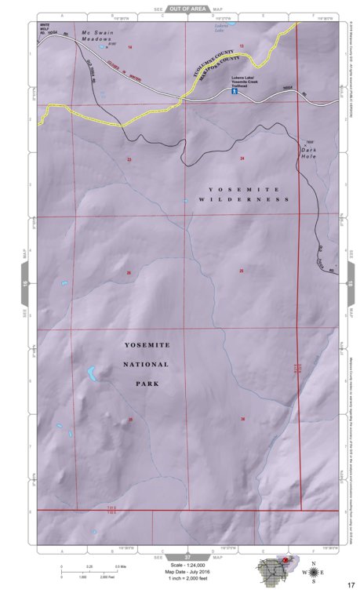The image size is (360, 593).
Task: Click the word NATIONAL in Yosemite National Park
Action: point(142,365)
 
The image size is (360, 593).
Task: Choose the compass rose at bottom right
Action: point(314,573)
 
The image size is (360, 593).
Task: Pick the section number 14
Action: point(129,48)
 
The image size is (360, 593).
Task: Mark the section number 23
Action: point(129,159)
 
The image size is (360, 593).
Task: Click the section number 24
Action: point(242,159)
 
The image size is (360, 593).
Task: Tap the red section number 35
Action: point(130,420)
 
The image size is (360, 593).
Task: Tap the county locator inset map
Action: point(275,569)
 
